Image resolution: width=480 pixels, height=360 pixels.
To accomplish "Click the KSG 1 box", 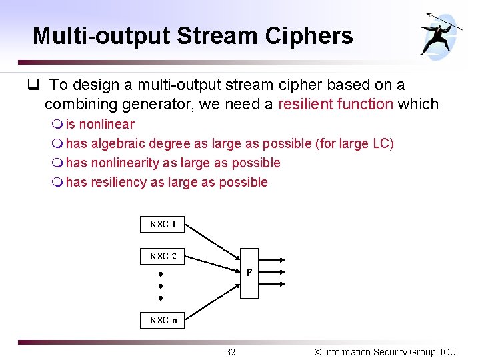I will pos(163,224).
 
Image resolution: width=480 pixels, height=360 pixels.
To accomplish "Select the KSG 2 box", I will pos(163,256).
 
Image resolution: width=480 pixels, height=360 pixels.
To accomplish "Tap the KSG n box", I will pos(163,320).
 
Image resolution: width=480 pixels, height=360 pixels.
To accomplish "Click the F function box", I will pos(249,273).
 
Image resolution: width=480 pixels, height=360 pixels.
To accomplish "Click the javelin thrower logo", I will pos(441,33).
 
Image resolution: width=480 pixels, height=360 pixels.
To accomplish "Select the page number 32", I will pos(231,352).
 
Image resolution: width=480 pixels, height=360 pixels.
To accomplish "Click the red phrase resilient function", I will pos(335,104).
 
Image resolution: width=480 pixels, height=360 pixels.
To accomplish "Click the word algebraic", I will pos(118,143).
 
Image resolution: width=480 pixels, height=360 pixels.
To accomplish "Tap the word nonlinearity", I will pos(125,163).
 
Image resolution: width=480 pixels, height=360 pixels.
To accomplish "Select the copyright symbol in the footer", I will pos(317,352).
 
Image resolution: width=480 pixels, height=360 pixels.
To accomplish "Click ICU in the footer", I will pos(448,352).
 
